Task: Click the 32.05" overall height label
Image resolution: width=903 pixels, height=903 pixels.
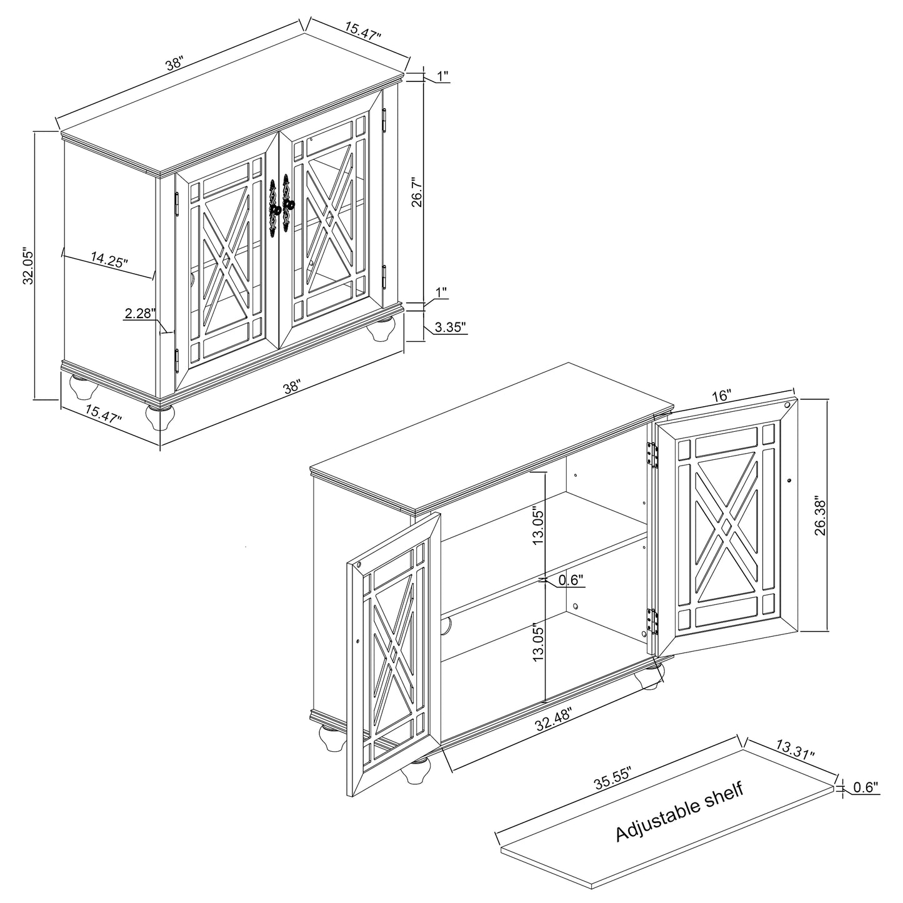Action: [x=29, y=266]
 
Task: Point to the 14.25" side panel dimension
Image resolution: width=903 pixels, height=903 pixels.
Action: [x=109, y=259]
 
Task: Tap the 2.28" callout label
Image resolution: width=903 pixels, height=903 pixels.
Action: [x=139, y=312]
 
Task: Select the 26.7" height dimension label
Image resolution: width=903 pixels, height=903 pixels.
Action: [x=417, y=192]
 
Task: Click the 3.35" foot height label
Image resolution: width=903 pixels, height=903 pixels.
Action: [x=451, y=327]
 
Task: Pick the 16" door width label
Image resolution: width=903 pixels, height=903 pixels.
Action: [x=721, y=396]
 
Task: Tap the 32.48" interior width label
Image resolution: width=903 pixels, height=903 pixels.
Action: [x=554, y=720]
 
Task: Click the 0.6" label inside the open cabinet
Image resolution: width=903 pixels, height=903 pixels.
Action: [x=571, y=580]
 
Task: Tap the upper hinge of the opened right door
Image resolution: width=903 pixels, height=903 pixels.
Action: [x=652, y=455]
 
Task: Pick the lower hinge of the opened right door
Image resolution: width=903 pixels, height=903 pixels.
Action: [x=652, y=622]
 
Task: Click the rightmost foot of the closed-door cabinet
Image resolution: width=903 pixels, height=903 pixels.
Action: [x=381, y=329]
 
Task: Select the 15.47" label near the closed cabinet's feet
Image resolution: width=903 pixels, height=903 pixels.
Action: [x=104, y=414]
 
